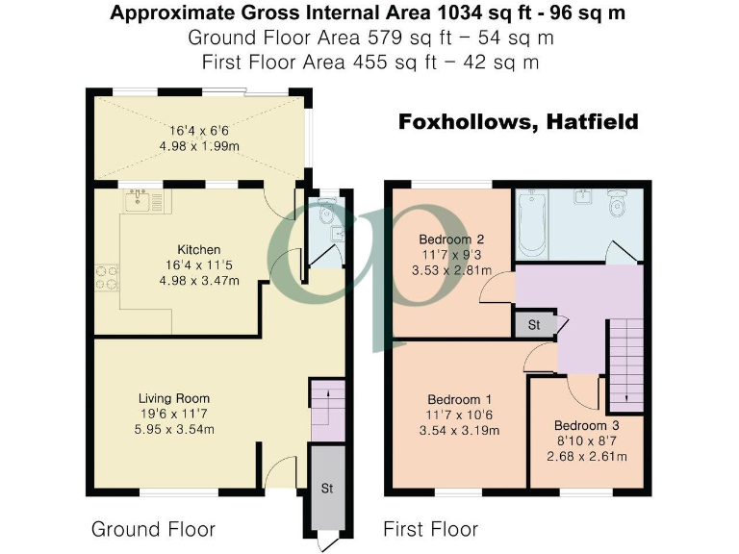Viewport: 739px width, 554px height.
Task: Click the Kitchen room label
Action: [198, 249]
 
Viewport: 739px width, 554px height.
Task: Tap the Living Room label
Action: [173, 398]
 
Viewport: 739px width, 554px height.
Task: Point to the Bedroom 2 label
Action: [445, 239]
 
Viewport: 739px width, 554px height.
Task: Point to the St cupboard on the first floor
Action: [535, 324]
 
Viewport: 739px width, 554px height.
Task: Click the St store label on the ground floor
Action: [326, 489]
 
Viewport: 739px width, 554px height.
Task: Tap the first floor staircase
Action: [625, 362]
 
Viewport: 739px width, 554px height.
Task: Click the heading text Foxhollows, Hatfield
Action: [518, 123]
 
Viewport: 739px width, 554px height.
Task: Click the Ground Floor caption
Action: [153, 529]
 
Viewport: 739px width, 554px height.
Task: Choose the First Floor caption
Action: [430, 529]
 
